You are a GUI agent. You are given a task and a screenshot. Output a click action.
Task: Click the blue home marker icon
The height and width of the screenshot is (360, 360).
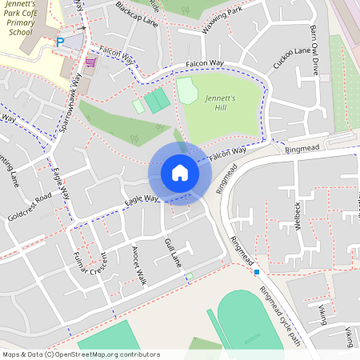[180, 172]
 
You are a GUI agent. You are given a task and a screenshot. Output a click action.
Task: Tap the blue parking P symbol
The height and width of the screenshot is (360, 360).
[59, 42]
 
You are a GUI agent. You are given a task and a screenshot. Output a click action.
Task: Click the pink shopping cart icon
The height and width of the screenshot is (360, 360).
[90, 62]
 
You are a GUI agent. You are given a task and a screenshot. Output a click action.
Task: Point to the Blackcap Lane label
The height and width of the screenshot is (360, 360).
[136, 14]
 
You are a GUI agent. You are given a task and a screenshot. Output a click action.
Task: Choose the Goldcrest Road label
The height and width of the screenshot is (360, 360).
[30, 206]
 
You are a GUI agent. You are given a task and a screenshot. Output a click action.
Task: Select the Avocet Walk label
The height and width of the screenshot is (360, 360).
[139, 265]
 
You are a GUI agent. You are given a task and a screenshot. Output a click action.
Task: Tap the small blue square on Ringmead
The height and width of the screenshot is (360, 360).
[257, 272]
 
